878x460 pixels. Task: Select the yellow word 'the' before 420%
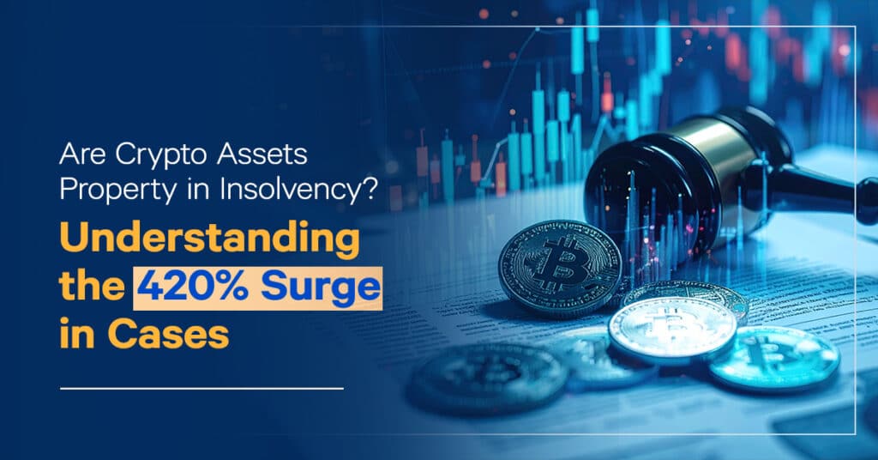(90, 287)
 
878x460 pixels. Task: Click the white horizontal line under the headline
(201, 389)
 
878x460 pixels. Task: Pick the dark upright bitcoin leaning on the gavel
(559, 267)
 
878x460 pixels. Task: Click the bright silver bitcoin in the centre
(671, 329)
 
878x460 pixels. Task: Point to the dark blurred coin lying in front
(488, 378)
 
